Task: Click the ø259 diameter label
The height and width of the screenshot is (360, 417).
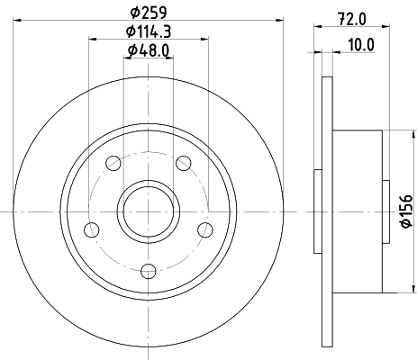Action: (150, 13)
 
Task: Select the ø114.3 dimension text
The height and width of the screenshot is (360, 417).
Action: (150, 31)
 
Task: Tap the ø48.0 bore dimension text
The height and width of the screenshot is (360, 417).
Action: (150, 49)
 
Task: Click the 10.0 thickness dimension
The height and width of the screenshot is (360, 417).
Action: (362, 42)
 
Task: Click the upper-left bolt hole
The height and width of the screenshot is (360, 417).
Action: (113, 163)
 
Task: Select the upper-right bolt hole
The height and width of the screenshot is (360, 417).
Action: (185, 163)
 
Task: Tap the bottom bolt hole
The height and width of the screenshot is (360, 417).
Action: (150, 266)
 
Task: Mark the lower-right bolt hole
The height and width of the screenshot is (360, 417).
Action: (206, 228)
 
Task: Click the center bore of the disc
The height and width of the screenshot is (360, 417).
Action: (150, 210)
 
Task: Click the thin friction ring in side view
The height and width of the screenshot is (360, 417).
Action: (326, 210)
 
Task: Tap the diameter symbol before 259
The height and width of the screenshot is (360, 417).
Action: (134, 13)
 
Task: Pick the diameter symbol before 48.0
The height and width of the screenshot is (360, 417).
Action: (131, 49)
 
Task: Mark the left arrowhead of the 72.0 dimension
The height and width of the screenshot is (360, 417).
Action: (316, 30)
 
